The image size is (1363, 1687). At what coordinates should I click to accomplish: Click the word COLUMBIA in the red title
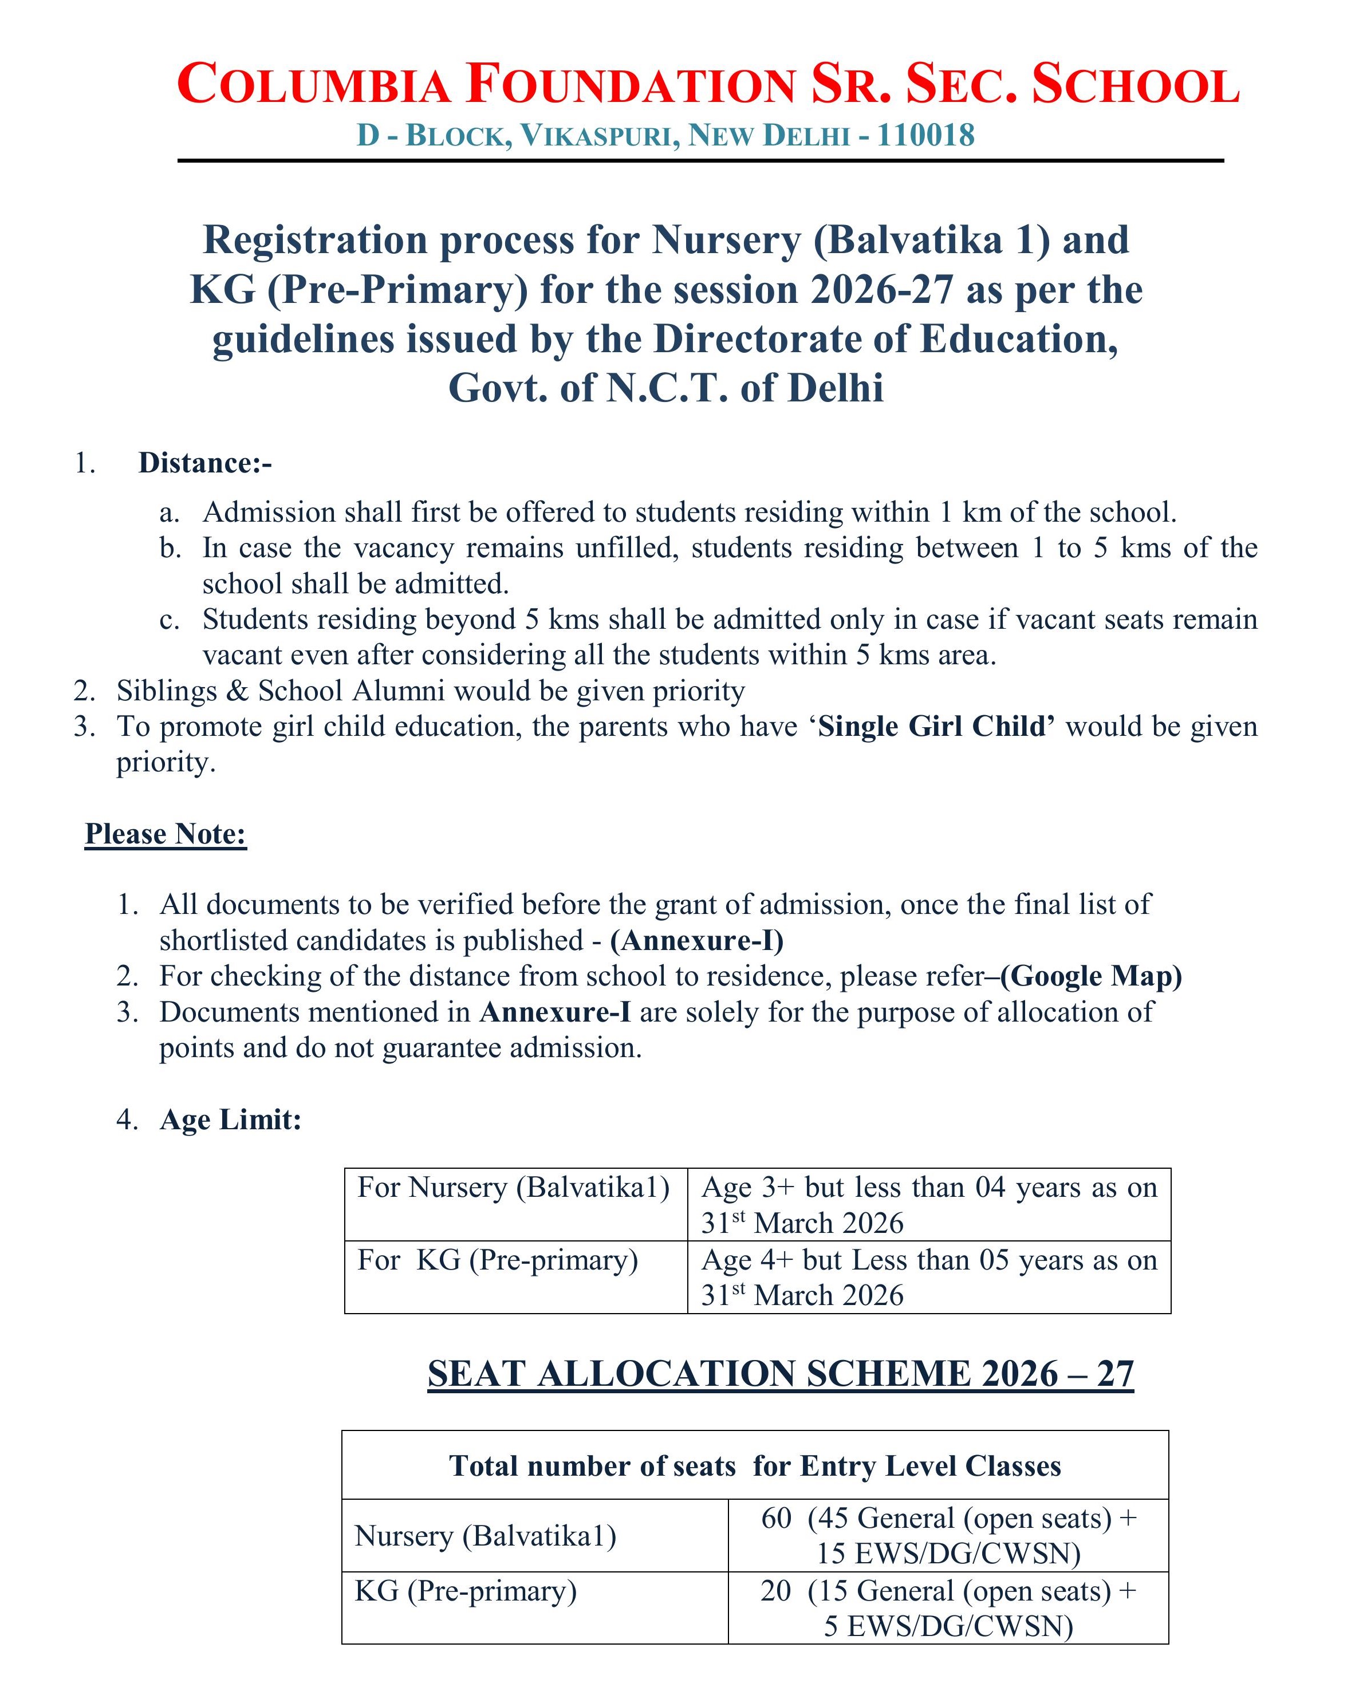click(x=314, y=85)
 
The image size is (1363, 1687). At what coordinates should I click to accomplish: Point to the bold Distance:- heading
click(x=205, y=463)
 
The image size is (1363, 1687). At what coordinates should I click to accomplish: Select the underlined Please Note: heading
click(x=166, y=834)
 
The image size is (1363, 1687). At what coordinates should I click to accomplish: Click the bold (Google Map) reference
click(x=1092, y=976)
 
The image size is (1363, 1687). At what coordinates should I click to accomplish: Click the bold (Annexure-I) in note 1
click(x=696, y=940)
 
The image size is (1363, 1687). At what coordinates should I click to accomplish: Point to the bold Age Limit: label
click(x=230, y=1120)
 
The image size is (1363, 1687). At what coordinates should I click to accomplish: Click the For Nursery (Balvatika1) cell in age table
click(x=514, y=1188)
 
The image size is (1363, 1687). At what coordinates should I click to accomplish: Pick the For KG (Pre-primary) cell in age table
click(x=498, y=1260)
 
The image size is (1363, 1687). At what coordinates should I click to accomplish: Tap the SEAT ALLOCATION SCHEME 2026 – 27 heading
click(x=781, y=1374)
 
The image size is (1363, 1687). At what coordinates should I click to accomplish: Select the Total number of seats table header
click(x=755, y=1465)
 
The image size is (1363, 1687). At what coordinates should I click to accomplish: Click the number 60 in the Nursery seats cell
click(x=777, y=1518)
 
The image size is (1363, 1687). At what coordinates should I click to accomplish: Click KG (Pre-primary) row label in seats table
click(x=466, y=1590)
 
